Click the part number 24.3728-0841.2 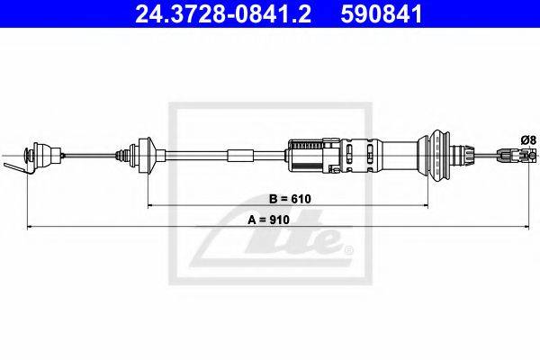[223, 13]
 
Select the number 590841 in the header [382, 13]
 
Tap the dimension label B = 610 [290, 199]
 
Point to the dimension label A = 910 [268, 220]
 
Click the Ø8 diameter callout [528, 140]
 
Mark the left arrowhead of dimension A [30, 227]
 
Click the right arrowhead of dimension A [526, 227]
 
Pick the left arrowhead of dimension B [150, 206]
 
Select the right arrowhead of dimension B [425, 206]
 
